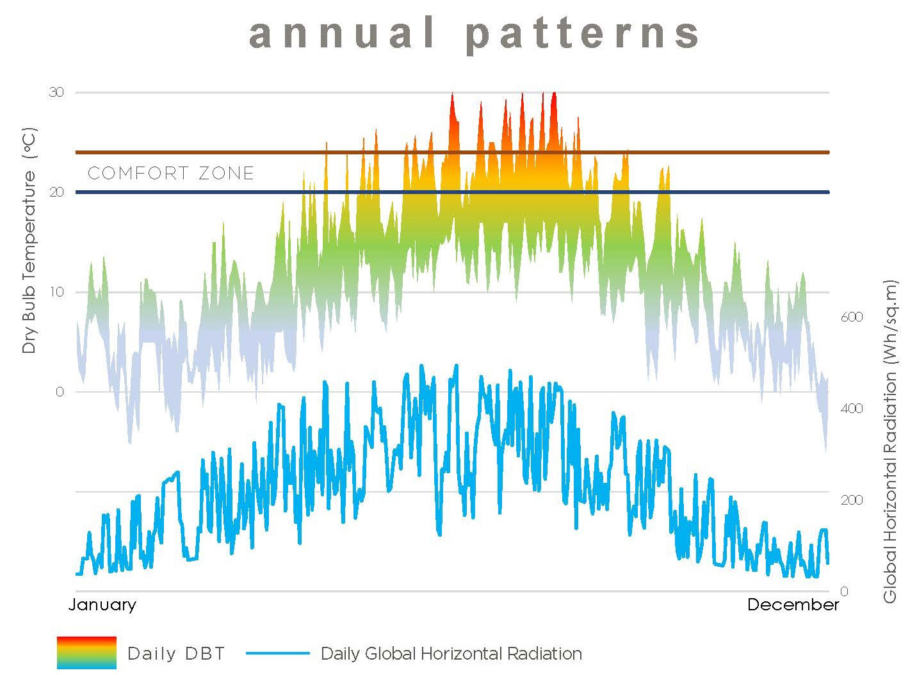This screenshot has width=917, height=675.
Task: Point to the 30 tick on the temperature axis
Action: [x=56, y=92]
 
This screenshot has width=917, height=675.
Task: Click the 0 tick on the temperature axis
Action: [x=60, y=392]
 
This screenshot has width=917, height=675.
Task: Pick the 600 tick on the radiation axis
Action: [x=851, y=317]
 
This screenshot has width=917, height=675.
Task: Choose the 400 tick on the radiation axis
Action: [x=851, y=409]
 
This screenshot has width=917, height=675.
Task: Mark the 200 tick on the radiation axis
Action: [x=851, y=500]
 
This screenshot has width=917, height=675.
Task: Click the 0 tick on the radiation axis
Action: [x=843, y=591]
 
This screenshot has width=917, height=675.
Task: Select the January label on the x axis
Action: [x=102, y=605]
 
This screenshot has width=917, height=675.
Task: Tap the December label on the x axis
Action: [x=793, y=605]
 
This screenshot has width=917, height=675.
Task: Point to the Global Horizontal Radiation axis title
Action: [x=889, y=442]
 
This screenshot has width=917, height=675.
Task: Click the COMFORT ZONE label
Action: [x=171, y=173]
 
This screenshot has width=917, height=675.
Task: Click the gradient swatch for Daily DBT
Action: [x=86, y=653]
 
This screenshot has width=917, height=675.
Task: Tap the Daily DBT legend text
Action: [x=177, y=654]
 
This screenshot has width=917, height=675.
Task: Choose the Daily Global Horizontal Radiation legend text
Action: [x=451, y=654]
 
